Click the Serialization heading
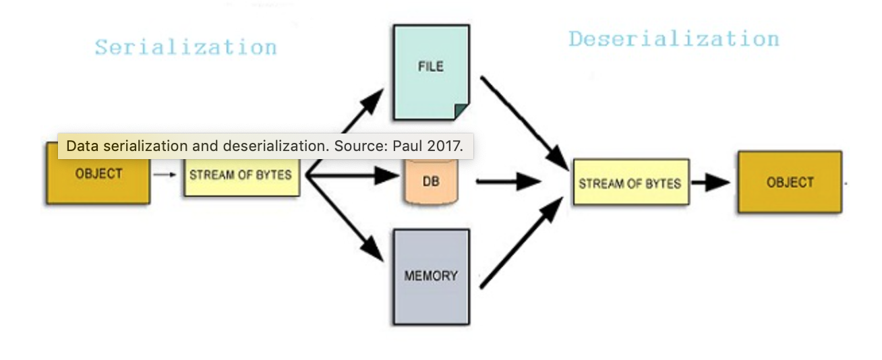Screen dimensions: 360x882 (x=185, y=47)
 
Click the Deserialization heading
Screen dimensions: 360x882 (x=673, y=38)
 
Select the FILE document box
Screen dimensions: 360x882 (x=431, y=71)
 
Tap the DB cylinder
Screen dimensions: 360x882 (x=430, y=181)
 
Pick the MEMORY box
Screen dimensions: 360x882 (x=431, y=276)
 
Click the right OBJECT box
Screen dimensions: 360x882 (x=790, y=182)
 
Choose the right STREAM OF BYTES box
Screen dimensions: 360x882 (x=630, y=182)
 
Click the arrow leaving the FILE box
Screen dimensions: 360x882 (x=526, y=121)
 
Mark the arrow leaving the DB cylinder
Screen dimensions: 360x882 (x=510, y=181)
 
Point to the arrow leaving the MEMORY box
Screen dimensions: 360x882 (x=522, y=245)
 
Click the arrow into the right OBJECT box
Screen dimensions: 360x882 (x=712, y=182)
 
